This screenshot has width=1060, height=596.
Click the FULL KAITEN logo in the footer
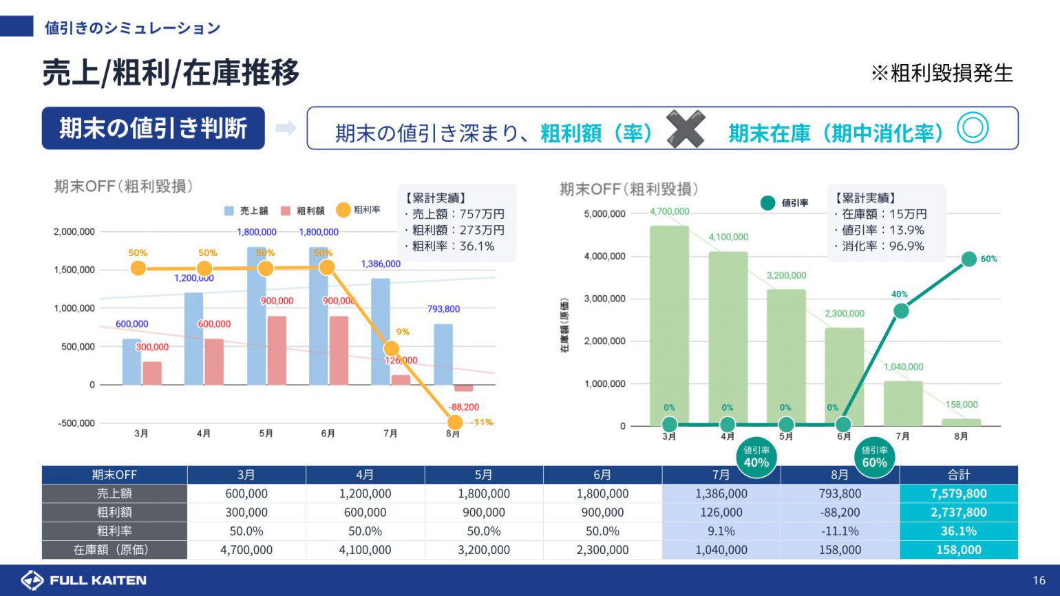point(83,580)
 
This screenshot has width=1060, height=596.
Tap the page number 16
point(1039,580)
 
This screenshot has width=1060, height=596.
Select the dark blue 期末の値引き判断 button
point(153,128)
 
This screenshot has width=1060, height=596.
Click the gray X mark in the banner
point(686,129)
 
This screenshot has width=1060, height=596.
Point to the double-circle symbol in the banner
point(973,128)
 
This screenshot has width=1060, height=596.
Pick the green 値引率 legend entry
point(784,203)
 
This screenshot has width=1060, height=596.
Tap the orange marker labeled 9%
point(391,348)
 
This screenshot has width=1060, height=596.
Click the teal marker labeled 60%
point(968,259)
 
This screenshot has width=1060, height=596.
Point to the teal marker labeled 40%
point(900,311)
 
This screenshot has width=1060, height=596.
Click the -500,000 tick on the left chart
point(76,423)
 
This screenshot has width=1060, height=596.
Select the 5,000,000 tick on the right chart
point(604,214)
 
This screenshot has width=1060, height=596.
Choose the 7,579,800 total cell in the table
point(958,493)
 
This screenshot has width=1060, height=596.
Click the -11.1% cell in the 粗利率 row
point(840,531)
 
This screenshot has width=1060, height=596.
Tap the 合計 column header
point(958,475)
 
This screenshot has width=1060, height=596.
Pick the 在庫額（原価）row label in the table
point(114,550)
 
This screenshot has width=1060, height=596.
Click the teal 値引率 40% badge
point(756,457)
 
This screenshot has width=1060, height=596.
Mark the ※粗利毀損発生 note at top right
point(942,73)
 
